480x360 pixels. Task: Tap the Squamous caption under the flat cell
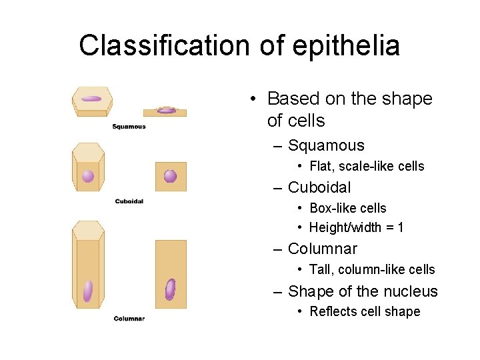point(129,127)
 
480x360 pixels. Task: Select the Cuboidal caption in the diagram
point(129,201)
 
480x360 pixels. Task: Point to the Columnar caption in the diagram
point(129,319)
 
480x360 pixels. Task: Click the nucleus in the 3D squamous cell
point(91,99)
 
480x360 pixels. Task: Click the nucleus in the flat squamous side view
point(167,111)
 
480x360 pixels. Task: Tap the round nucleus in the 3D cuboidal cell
point(88,176)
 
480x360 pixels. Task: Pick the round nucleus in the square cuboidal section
point(170,176)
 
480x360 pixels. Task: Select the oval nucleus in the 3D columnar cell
point(87,291)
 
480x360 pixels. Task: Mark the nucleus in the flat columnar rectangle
point(170,289)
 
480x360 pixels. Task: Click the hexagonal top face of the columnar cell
point(88,231)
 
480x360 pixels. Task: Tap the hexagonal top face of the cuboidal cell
point(88,152)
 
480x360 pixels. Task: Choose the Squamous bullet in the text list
point(325,145)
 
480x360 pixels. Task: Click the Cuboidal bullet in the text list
point(319,187)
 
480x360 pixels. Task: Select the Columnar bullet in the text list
point(322,249)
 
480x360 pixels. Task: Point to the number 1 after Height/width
point(400,227)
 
